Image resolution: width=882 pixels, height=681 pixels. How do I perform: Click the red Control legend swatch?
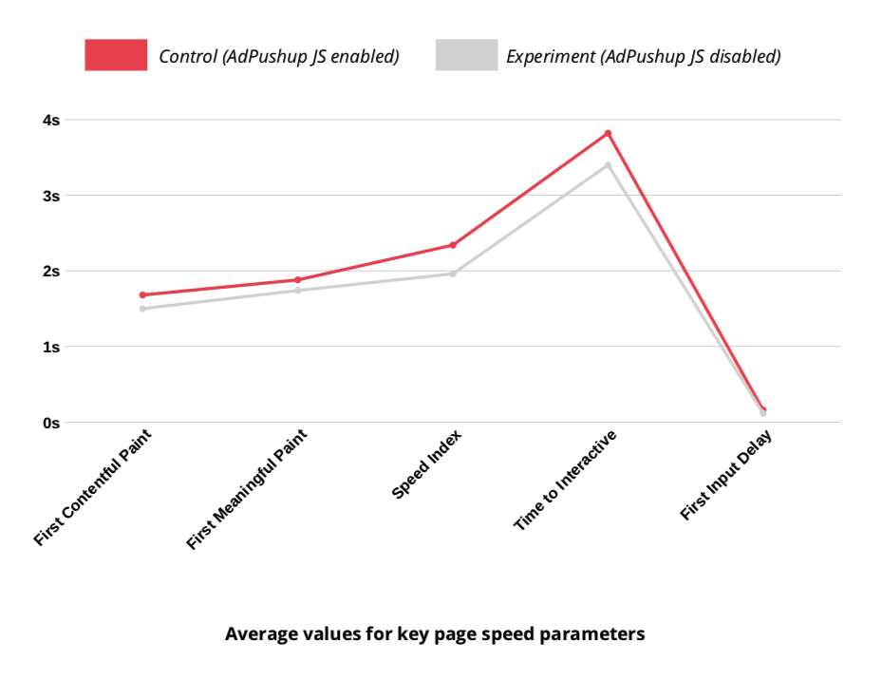coord(116,55)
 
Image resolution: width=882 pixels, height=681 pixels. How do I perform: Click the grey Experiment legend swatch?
coord(466,55)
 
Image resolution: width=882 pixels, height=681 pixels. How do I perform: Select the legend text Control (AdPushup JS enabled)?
coord(278,56)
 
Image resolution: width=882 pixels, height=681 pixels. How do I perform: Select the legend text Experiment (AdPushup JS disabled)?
coord(643,56)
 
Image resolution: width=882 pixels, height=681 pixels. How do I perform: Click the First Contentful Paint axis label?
coord(93,486)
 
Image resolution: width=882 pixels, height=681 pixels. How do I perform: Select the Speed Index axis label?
coord(426,464)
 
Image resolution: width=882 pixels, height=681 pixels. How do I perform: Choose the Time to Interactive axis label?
coord(566,480)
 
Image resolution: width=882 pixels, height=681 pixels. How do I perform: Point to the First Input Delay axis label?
coord(726,475)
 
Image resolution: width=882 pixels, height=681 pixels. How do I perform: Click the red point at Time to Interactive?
coord(608,134)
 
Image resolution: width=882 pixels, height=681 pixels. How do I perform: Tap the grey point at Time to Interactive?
coord(608,165)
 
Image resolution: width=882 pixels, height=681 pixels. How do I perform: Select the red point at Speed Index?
coord(453,245)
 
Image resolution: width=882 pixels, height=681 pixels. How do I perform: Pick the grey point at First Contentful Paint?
coord(142,309)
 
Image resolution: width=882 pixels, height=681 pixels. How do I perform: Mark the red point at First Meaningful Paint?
coord(297,280)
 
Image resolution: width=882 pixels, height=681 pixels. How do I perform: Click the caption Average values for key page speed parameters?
coord(435,634)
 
